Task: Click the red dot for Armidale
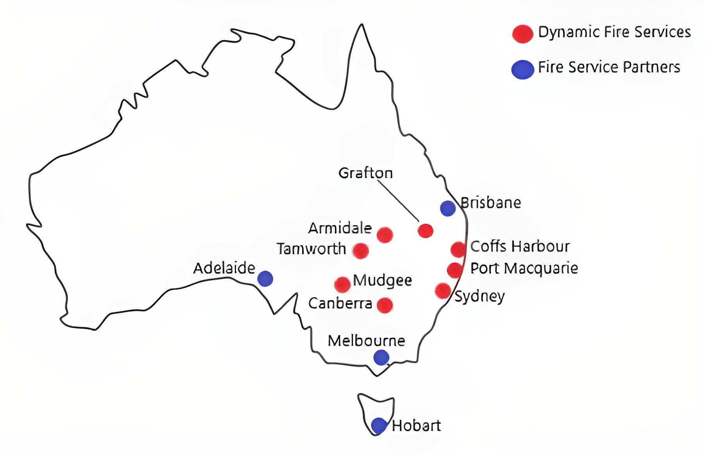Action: click(x=385, y=235)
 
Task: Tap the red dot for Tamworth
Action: click(x=361, y=251)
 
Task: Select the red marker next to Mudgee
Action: click(x=342, y=285)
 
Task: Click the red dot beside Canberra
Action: click(x=385, y=305)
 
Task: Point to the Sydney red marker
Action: click(x=443, y=291)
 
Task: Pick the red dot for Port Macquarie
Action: click(x=454, y=270)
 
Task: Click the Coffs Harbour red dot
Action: click(x=458, y=249)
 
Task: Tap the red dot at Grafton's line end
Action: click(x=425, y=231)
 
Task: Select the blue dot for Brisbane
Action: click(x=448, y=208)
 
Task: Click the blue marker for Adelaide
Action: click(x=265, y=278)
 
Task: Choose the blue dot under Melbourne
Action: click(x=381, y=357)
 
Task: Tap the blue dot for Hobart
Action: click(x=379, y=425)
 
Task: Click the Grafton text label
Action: click(x=365, y=173)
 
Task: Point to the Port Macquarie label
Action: click(x=524, y=268)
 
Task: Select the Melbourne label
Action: click(x=366, y=341)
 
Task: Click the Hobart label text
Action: click(x=416, y=425)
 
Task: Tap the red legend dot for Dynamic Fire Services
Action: click(x=522, y=34)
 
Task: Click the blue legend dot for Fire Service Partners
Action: click(x=522, y=70)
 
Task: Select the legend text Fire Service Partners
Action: click(x=609, y=67)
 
